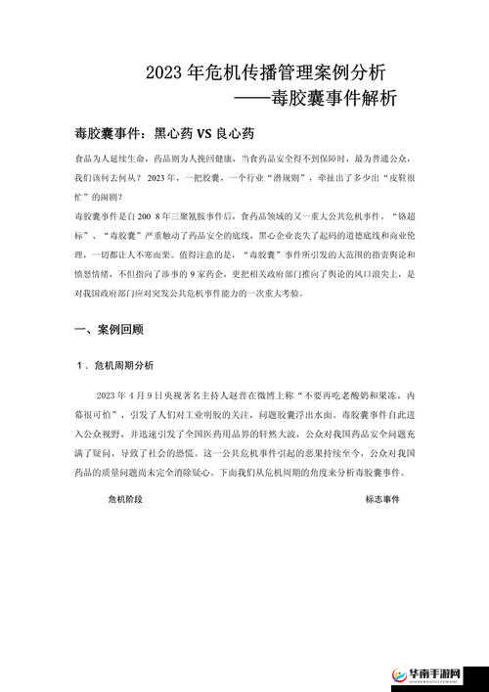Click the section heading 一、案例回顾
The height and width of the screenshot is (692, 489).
tap(109, 330)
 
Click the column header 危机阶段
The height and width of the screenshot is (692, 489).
tap(125, 498)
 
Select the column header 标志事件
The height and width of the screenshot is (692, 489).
tap(382, 498)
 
